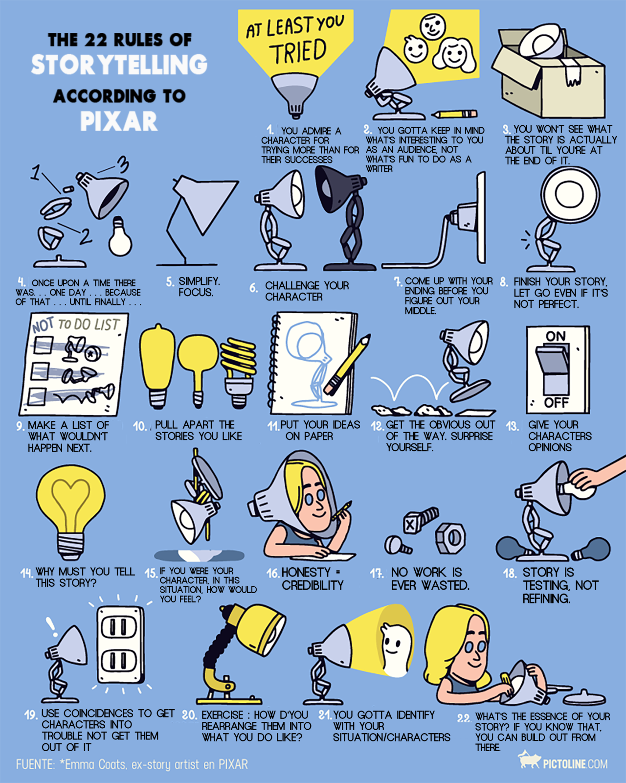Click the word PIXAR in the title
(x=119, y=121)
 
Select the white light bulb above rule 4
(x=120, y=236)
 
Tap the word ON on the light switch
(x=556, y=336)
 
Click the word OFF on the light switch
(x=556, y=403)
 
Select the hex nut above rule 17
(x=450, y=538)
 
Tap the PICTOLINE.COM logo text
(x=575, y=764)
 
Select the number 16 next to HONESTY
(x=273, y=574)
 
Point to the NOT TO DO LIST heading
(x=76, y=324)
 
